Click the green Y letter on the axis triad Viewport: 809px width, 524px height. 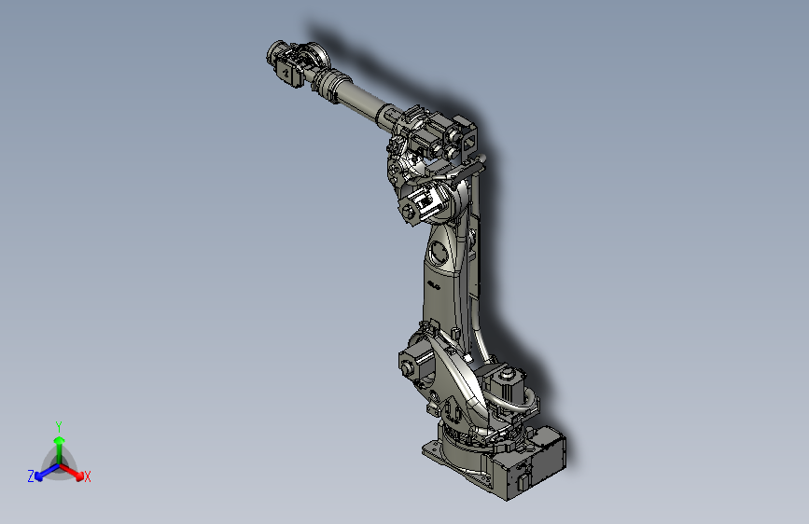pyautogui.click(x=58, y=424)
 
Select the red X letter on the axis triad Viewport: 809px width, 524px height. pyautogui.click(x=88, y=477)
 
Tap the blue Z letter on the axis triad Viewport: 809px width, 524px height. pyautogui.click(x=31, y=476)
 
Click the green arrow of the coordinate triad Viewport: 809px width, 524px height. pyautogui.click(x=59, y=443)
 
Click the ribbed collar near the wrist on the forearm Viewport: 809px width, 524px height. pyautogui.click(x=326, y=83)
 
